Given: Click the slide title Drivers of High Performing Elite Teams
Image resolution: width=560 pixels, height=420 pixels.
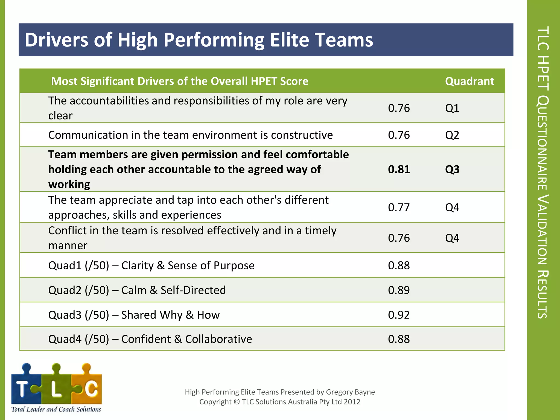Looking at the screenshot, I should pos(199,40).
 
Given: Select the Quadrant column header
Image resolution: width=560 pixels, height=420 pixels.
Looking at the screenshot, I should pos(469,81).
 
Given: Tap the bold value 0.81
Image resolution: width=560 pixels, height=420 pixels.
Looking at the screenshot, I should pos(399,169).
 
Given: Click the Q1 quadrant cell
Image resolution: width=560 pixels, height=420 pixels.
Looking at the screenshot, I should pos(452,108).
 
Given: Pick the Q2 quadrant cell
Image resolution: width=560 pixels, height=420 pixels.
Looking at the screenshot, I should pos(452,135).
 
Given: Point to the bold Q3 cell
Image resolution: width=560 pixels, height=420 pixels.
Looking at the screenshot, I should pos(452,169).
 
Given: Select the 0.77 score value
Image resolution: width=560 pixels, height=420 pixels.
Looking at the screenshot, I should pos(399,207).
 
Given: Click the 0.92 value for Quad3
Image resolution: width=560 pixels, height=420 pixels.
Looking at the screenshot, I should pos(399,315).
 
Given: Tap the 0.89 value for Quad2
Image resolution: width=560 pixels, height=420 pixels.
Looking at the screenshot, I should pos(399,290).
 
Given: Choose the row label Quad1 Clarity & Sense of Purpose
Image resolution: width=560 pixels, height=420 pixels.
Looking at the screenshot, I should pos(151,266).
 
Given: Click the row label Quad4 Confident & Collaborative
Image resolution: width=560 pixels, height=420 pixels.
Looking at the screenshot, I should pos(150,339).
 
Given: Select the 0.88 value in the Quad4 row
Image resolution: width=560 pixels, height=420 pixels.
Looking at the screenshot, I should pos(399,339).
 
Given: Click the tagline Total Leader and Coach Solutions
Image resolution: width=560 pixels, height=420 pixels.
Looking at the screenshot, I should pos(56,409).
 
